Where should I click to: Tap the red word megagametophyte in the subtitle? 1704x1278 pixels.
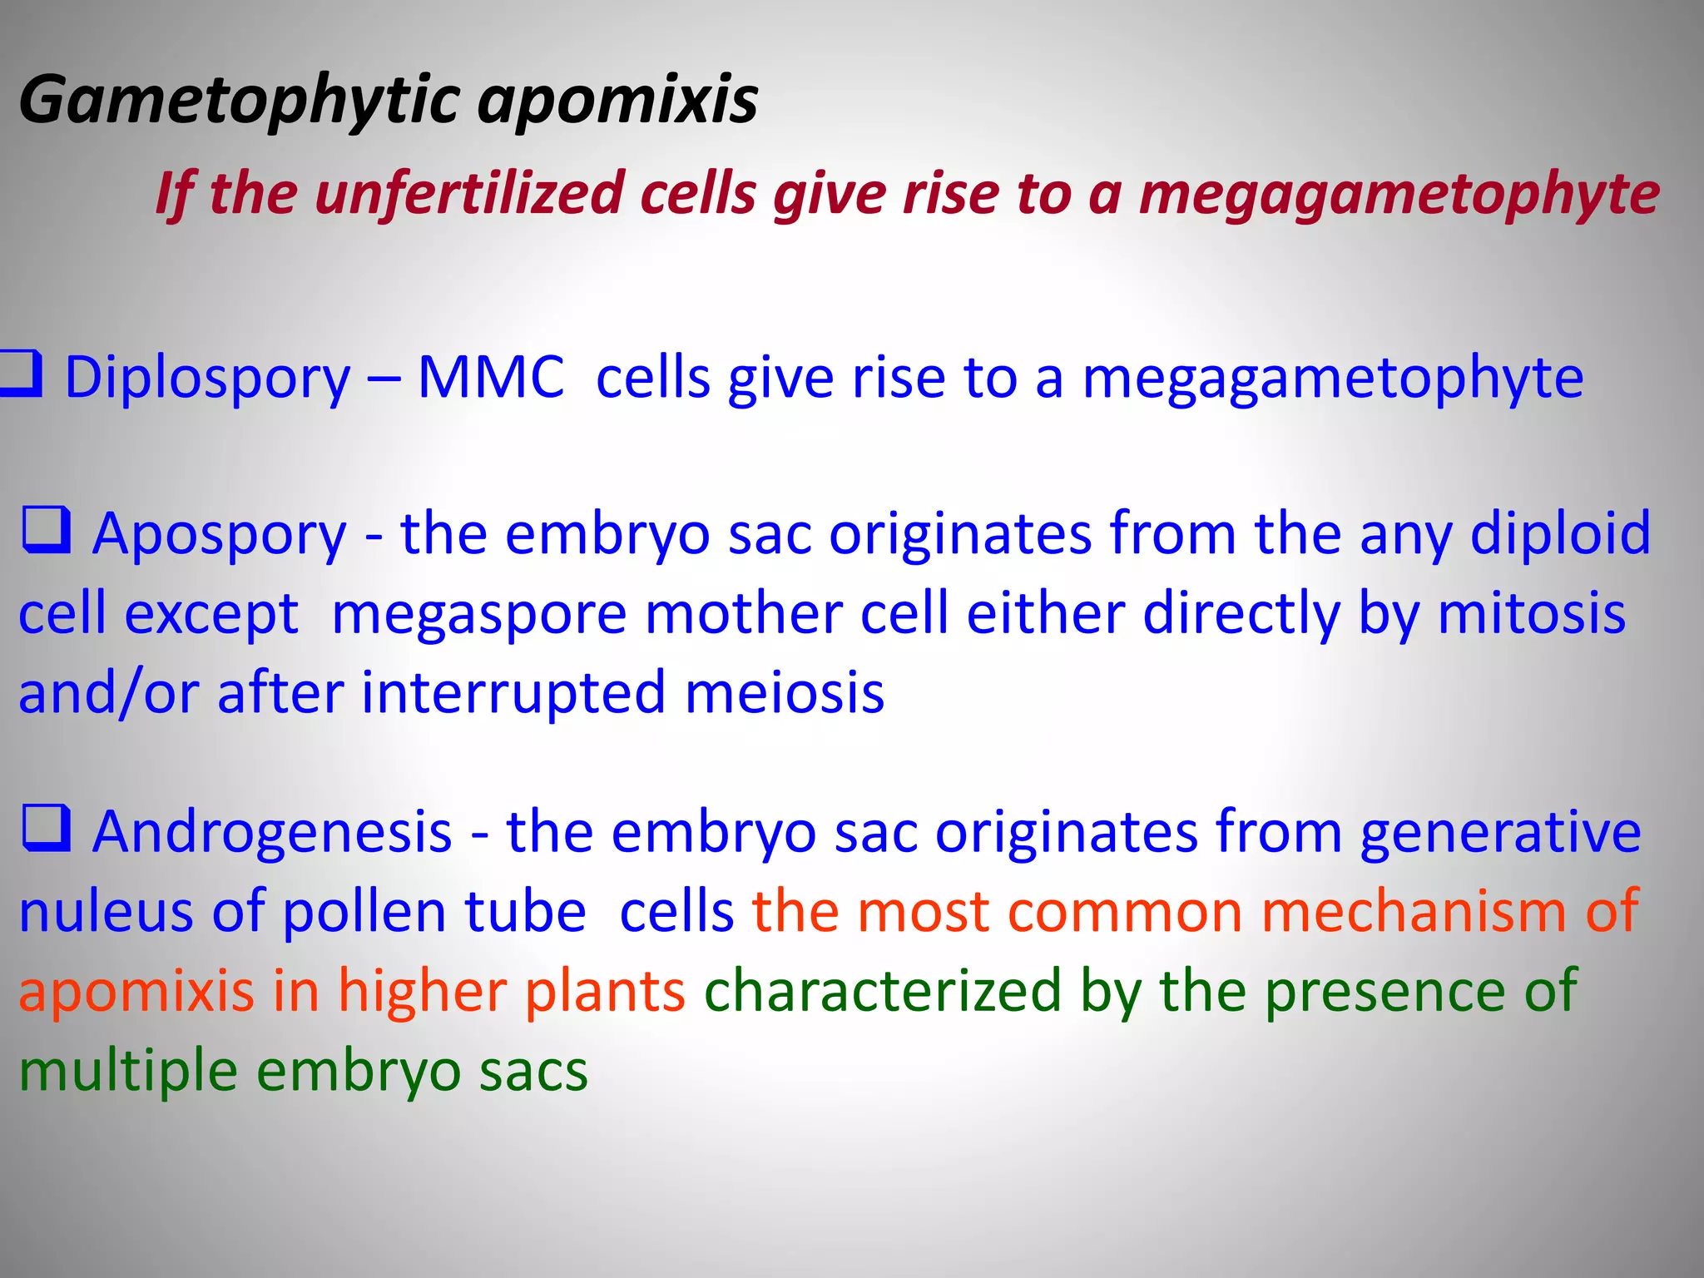point(1399,194)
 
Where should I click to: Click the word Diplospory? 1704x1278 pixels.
point(208,379)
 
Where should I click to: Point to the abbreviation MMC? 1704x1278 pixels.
point(490,378)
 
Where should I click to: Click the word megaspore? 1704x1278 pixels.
point(478,616)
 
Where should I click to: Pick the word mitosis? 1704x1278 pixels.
point(1531,614)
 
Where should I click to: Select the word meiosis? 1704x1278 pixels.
point(784,693)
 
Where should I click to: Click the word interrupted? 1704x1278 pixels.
point(513,693)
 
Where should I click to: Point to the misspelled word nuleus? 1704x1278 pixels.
point(106,912)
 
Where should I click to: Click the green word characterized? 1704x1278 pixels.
point(883,992)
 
